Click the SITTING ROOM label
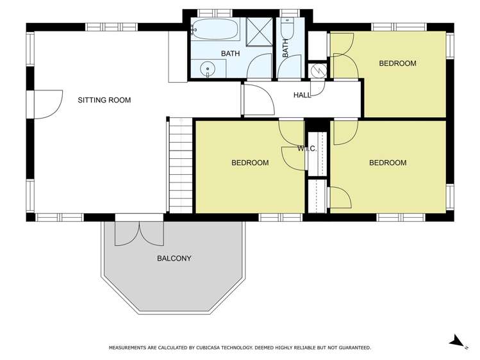(104, 100)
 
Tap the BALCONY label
(174, 258)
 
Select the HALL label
(302, 95)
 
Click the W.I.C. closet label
(307, 149)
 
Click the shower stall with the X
(260, 32)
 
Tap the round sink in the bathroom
(208, 69)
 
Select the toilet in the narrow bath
(288, 28)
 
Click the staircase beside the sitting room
(181, 165)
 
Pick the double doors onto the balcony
(139, 233)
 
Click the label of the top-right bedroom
(397, 63)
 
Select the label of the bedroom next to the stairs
(250, 163)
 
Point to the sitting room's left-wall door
(48, 104)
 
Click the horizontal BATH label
(230, 54)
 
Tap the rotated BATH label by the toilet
(285, 48)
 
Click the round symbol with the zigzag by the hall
(317, 71)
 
